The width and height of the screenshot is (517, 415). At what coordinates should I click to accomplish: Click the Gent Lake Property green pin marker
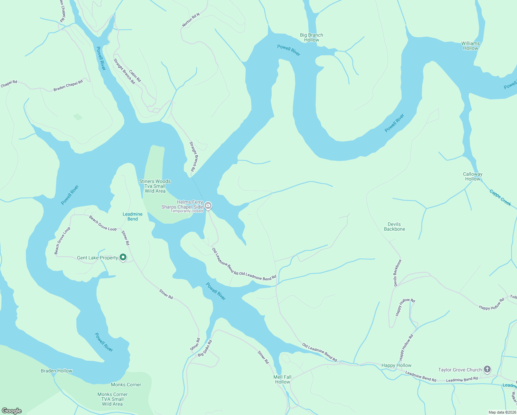[x=123, y=257]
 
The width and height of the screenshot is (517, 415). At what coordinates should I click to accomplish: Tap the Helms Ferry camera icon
[x=208, y=206]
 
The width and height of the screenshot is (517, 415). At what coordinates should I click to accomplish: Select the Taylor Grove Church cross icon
[x=487, y=369]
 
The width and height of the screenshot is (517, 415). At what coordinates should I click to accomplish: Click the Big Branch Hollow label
[x=311, y=37]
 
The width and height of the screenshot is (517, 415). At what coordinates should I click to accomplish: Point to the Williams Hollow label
[x=470, y=46]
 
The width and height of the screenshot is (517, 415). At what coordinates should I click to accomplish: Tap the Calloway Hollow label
[x=472, y=176]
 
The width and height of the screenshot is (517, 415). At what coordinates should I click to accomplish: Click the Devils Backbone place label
[x=394, y=227]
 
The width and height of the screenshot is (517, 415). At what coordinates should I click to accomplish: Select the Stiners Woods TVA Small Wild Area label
[x=155, y=186]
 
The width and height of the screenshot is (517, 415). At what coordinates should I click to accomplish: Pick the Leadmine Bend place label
[x=132, y=216]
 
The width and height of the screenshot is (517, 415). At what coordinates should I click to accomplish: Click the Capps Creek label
[x=500, y=197]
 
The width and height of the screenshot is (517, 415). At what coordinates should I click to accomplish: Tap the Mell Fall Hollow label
[x=282, y=379]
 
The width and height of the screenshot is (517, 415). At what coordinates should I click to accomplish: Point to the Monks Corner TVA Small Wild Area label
[x=112, y=399]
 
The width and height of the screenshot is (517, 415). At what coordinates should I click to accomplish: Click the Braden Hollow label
[x=57, y=371]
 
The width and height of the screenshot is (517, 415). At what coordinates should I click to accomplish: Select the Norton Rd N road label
[x=191, y=20]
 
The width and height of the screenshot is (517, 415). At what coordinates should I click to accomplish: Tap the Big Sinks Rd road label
[x=205, y=349]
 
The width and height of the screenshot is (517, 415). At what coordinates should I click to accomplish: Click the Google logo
[x=12, y=411]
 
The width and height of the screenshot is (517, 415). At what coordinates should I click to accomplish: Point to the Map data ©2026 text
[x=502, y=412]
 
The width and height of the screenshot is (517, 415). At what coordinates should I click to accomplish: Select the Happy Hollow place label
[x=396, y=365]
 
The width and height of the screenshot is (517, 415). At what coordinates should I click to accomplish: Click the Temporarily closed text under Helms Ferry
[x=187, y=211]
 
